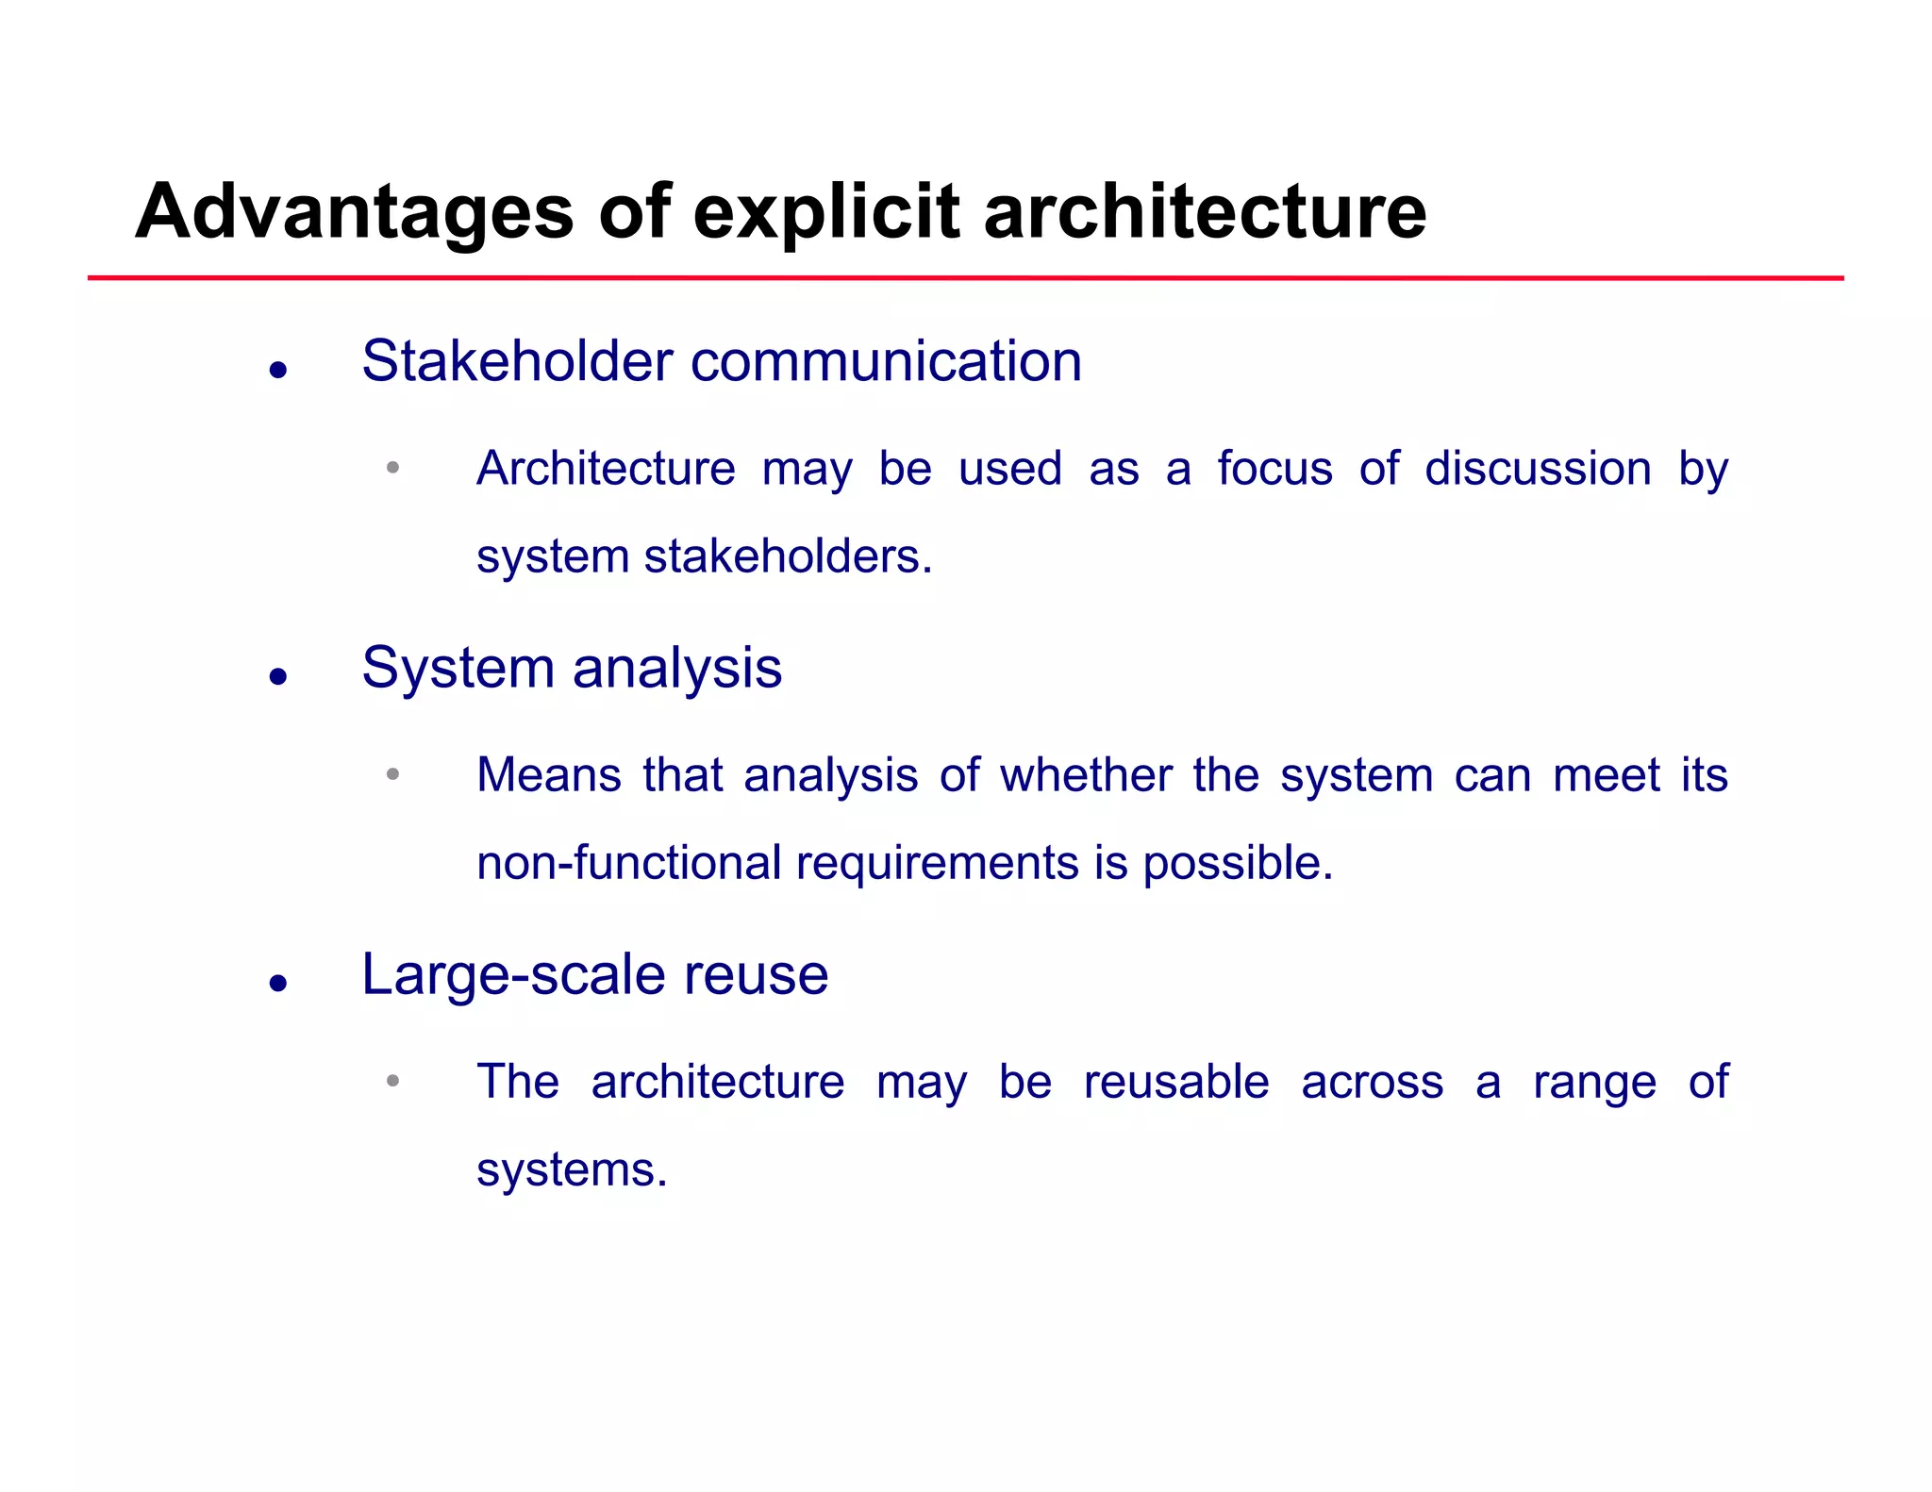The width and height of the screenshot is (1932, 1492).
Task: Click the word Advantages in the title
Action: click(x=354, y=212)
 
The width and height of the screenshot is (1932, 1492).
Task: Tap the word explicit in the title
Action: click(x=825, y=212)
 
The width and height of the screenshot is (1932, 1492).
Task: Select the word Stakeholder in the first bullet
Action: click(x=517, y=361)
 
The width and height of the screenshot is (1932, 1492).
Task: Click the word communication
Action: click(x=886, y=361)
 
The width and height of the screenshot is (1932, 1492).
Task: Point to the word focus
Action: click(x=1274, y=469)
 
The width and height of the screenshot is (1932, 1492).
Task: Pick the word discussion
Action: click(x=1538, y=469)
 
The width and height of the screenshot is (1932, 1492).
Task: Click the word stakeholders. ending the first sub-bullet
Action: click(x=788, y=556)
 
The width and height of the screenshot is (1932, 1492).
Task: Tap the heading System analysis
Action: click(x=572, y=668)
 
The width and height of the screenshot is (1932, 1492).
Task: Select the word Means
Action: click(x=548, y=775)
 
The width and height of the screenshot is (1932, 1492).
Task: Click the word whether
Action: click(x=1086, y=775)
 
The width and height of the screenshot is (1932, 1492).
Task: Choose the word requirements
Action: click(x=937, y=863)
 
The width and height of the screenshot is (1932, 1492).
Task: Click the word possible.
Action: click(x=1238, y=863)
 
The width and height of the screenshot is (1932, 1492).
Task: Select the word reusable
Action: click(x=1175, y=1082)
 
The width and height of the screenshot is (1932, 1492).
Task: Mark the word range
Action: click(x=1594, y=1082)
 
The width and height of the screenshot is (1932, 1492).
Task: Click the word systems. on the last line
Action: click(x=572, y=1169)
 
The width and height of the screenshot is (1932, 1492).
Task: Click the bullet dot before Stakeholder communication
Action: click(x=277, y=370)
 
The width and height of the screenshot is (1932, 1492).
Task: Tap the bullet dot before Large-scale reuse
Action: click(x=277, y=984)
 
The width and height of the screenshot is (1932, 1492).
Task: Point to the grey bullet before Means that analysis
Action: click(x=393, y=774)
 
